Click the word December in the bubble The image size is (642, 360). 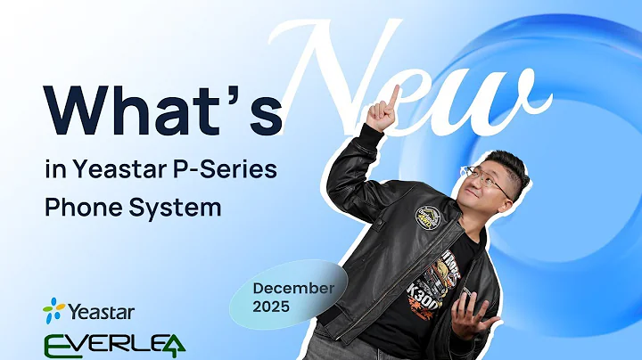pyautogui.click(x=292, y=288)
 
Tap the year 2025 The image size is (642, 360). pyautogui.click(x=272, y=307)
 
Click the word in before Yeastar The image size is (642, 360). pyautogui.click(x=54, y=167)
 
